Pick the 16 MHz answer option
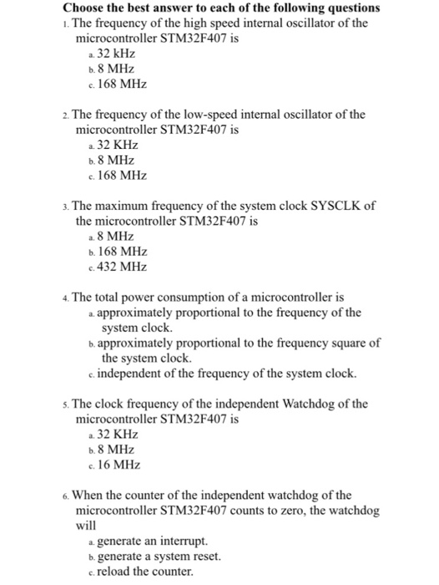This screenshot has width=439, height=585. pyautogui.click(x=119, y=465)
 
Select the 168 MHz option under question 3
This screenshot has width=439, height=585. pyautogui.click(x=122, y=251)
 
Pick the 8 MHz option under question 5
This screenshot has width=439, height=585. pyautogui.click(x=116, y=450)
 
